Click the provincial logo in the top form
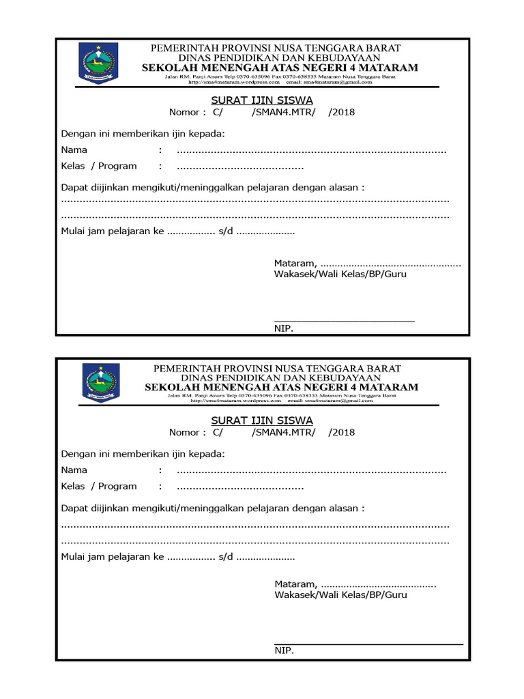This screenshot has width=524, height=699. point(99,63)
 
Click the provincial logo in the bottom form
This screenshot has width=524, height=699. point(101,382)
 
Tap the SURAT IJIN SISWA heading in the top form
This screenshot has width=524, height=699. point(262,100)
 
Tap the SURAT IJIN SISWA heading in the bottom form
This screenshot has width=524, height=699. point(262,420)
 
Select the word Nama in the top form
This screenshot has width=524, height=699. point(74,150)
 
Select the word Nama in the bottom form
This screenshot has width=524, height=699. point(74,470)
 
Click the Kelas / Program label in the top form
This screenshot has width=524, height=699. point(99,166)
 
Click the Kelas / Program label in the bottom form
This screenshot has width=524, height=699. point(99,486)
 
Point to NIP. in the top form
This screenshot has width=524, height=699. point(284,329)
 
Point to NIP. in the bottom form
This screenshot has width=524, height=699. point(284,651)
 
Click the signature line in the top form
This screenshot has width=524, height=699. point(345,320)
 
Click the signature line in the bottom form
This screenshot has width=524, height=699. point(368,643)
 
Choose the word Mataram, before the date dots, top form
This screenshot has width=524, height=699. point(295,263)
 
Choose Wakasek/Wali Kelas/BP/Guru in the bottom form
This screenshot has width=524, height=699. point(340,595)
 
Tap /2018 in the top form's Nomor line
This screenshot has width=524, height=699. point(341,113)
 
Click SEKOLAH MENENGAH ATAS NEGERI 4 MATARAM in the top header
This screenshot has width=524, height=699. point(280,68)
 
